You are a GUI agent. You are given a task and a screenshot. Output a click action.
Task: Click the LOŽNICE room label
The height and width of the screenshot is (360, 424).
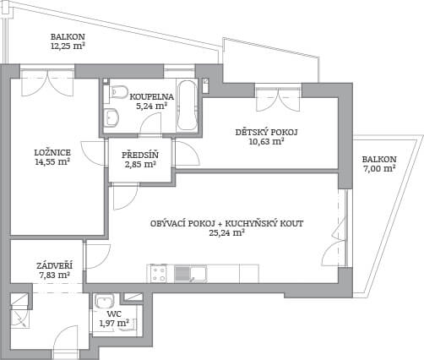tap(52, 153)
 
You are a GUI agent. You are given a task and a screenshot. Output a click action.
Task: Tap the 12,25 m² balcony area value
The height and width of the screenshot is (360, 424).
tap(68, 46)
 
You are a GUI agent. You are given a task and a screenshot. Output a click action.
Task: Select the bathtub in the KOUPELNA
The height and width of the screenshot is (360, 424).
tap(187, 106)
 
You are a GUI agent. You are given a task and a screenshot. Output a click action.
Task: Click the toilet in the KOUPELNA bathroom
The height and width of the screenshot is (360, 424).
tap(118, 91)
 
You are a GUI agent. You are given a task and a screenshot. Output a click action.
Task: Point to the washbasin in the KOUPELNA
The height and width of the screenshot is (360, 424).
tap(111, 117)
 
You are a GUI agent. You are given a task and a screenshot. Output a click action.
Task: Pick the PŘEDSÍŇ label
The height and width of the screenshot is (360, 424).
tap(140, 155)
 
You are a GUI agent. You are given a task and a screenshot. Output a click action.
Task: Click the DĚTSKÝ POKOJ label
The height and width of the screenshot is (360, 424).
tap(266, 132)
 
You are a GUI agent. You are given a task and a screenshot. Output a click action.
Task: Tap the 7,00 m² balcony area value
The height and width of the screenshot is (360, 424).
tap(379, 169)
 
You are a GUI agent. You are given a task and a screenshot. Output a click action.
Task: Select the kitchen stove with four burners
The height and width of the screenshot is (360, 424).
tap(159, 274)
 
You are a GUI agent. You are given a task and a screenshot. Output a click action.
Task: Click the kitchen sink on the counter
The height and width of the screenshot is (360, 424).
tap(191, 274)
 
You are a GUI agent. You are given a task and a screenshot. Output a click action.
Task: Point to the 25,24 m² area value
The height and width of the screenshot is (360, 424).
tap(226, 233)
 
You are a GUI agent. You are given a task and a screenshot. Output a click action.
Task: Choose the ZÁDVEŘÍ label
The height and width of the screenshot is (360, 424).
tap(54, 265)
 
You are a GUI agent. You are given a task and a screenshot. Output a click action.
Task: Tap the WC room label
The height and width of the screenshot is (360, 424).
tap(114, 314)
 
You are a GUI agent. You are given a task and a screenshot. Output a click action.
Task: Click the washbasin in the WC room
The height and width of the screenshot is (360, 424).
tap(105, 301)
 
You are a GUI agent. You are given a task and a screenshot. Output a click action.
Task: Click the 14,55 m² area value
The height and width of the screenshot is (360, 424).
tap(52, 162)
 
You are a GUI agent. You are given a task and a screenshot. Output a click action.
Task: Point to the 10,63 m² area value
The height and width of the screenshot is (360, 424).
tap(266, 141)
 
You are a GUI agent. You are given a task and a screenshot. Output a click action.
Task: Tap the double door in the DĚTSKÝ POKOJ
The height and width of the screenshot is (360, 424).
tap(278, 98)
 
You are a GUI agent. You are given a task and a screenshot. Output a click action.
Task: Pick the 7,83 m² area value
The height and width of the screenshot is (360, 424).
tap(54, 275)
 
